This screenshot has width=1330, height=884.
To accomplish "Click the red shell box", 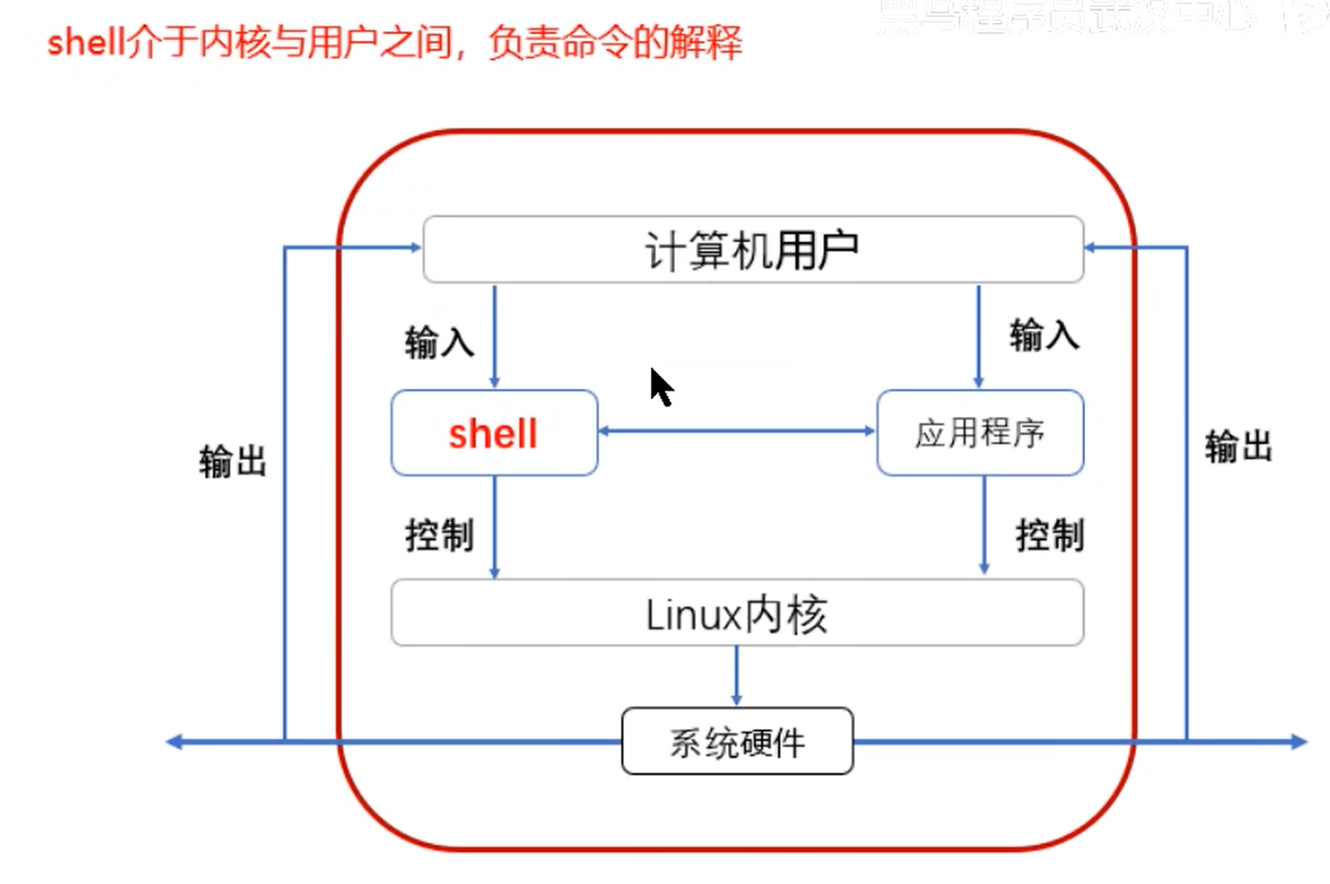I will [494, 433].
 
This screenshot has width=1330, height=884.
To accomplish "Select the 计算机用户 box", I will [753, 250].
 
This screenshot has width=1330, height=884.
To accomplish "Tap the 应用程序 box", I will [980, 433].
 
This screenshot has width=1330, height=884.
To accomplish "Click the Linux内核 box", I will [737, 614].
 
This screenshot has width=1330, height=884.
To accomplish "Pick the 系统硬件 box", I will [737, 742].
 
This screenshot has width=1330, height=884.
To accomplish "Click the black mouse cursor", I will [661, 387].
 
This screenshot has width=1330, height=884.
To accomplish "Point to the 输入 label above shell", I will [440, 342].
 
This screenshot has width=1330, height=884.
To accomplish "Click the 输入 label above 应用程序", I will [1045, 335].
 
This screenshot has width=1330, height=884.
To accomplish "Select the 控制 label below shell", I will [440, 535].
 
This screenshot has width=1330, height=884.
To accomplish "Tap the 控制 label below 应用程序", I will [1050, 535].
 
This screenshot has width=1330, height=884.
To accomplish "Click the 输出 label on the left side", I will [233, 461].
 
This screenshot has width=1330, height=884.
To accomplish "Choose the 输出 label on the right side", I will [1239, 446].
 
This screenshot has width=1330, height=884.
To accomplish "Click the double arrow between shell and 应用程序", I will [737, 431].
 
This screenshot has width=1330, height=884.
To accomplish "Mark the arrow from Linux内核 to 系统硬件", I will [737, 675].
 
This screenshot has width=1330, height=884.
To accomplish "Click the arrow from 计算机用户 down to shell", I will [494, 337].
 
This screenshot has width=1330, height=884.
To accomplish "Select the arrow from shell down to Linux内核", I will [494, 527].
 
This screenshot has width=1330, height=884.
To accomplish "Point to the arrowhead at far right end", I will [1298, 742].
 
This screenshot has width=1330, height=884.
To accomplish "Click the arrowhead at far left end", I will [175, 742].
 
